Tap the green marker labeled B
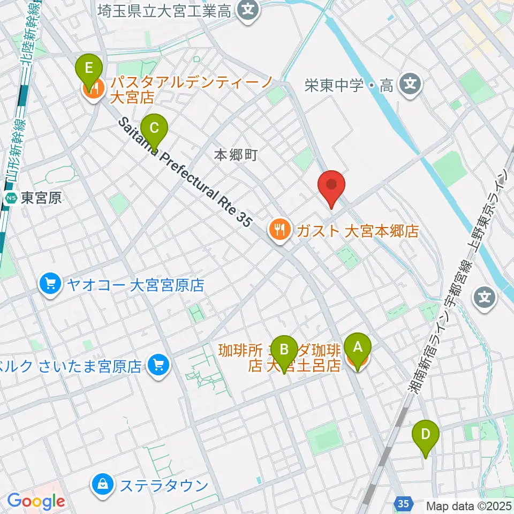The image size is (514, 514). tap(284, 350)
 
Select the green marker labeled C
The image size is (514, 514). tap(154, 128)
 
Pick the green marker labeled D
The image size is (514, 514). tap(426, 434)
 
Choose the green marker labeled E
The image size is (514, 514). tap(89, 69)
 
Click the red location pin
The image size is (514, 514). tap(331, 186)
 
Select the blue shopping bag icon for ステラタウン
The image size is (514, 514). tap(102, 485)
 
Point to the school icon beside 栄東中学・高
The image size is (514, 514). tap(410, 85)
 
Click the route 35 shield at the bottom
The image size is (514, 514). tap(404, 503)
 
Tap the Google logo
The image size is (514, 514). tap(36, 501)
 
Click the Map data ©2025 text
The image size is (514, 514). tap(469, 505)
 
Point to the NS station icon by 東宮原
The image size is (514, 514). tap(11, 199)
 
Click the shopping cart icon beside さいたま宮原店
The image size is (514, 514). tap(157, 366)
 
